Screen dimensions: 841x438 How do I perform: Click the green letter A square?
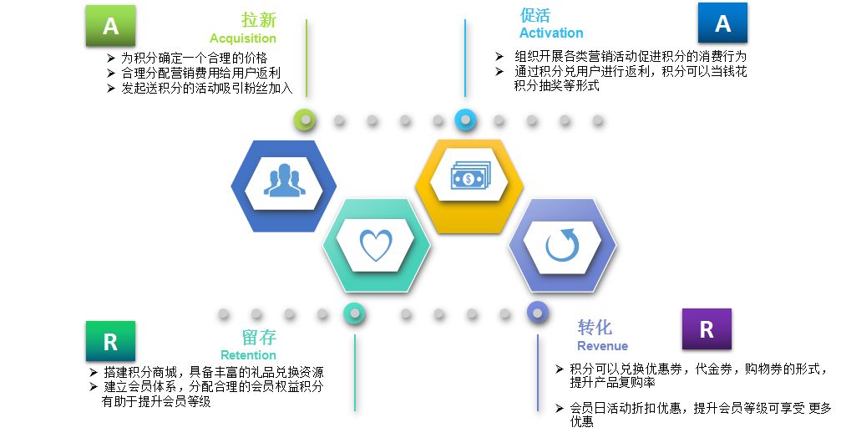110,26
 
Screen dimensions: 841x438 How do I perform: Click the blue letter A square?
722,23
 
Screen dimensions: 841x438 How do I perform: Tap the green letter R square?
110,341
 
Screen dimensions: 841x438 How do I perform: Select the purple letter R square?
707,329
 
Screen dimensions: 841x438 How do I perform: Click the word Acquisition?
243,38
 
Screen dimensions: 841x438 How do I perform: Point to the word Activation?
551,33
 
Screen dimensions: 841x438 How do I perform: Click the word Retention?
248,355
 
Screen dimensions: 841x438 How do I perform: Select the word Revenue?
602,346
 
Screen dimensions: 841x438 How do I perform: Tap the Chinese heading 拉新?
259,20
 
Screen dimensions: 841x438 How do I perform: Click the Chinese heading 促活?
535,15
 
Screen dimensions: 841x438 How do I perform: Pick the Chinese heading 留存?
259,337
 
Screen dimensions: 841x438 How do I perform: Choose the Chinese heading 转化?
595,327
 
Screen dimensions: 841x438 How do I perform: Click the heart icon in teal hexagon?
376,245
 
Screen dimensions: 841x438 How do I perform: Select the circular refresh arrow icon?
561,245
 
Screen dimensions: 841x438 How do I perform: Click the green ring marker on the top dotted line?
307,120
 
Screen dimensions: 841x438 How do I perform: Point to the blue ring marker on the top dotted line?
465,120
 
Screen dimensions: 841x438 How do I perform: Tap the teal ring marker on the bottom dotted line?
355,313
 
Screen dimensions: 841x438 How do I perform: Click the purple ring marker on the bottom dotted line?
537,313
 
